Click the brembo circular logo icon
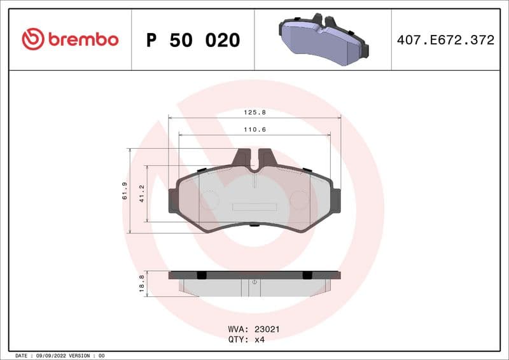32,39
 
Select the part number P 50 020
193,40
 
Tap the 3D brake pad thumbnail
323,39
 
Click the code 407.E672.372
445,40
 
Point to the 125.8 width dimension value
254,112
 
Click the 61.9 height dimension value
125,191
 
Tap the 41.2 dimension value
142,193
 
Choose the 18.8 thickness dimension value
142,282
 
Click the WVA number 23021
267,329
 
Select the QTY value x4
259,340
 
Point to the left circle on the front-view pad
210,200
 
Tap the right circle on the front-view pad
299,200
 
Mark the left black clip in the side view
202,275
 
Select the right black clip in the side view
307,275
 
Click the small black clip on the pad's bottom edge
254,225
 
